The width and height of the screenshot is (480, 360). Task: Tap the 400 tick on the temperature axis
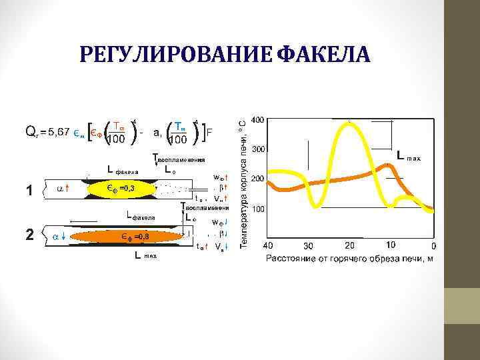[258, 120]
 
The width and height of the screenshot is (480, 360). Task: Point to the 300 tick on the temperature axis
[258, 149]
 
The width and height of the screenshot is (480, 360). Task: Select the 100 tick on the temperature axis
[258, 209]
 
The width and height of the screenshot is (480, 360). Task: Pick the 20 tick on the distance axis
[350, 245]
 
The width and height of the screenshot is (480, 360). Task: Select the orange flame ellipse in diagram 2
[136, 237]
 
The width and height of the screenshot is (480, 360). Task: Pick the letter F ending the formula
[209, 131]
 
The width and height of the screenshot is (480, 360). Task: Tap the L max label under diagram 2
[144, 255]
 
